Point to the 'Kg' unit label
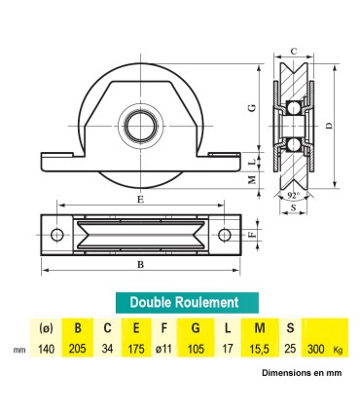click(339, 349)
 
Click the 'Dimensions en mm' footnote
click(301, 372)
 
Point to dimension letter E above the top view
click(141, 200)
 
